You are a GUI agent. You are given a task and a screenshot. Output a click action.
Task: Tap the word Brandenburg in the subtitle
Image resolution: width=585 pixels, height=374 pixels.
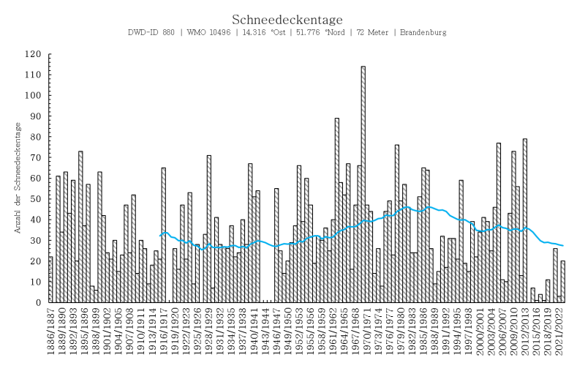(423, 33)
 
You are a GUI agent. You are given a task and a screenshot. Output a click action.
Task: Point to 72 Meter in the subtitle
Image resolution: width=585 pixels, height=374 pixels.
(370, 33)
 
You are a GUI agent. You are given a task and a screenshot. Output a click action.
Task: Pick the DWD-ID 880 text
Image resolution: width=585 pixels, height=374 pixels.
(151, 33)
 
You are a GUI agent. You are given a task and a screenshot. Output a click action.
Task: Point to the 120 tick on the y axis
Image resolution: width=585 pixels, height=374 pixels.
(33, 54)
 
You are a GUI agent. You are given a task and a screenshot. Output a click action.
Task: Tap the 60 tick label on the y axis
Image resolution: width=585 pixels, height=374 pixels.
(35, 178)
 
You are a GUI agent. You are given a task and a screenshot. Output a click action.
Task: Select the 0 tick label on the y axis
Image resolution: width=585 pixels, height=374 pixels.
(38, 302)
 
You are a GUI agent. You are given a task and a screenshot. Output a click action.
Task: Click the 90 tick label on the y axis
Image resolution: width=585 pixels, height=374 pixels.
(35, 116)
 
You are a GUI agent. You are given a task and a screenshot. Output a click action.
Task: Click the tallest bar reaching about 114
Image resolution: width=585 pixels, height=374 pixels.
(363, 183)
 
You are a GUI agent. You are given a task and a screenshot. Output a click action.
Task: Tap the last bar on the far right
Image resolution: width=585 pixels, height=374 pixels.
(563, 282)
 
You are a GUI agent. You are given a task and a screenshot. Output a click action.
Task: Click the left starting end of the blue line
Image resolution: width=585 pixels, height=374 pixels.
(160, 236)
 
